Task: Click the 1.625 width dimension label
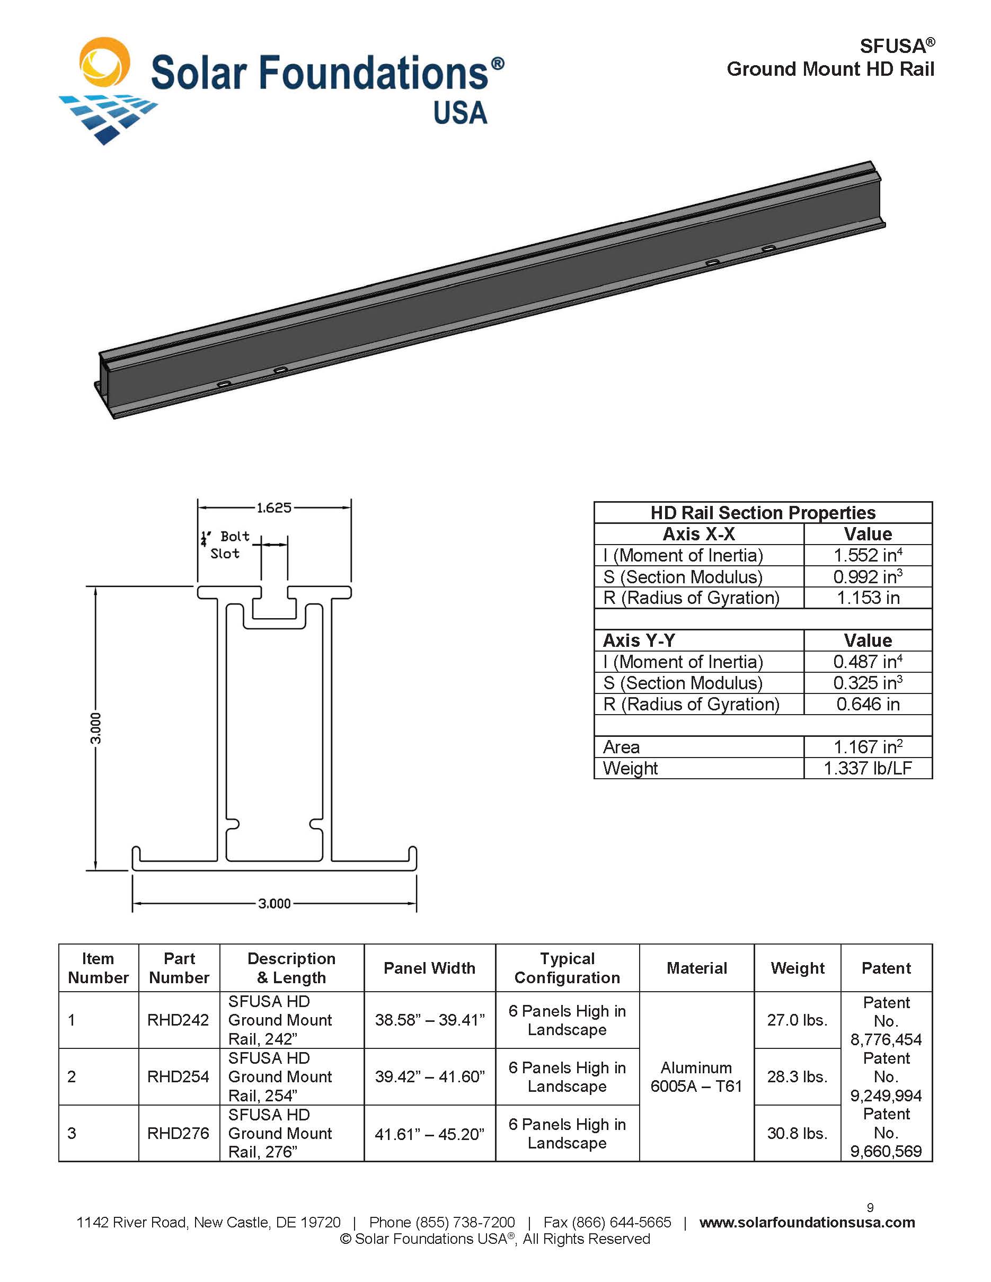point(273,508)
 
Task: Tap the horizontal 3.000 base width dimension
point(274,903)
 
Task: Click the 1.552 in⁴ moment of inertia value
point(867,555)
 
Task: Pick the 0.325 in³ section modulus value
point(867,683)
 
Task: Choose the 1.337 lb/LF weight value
point(867,768)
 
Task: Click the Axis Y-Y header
point(639,640)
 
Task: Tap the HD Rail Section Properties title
point(762,512)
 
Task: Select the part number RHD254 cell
point(178,1076)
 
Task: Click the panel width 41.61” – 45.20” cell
point(429,1134)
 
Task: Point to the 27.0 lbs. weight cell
point(797,1020)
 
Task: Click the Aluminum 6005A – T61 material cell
point(696,1076)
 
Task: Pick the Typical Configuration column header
point(567,968)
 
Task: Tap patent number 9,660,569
point(886,1151)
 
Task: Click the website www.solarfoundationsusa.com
point(807,1223)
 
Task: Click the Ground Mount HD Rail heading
point(829,69)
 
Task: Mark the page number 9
point(870,1207)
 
